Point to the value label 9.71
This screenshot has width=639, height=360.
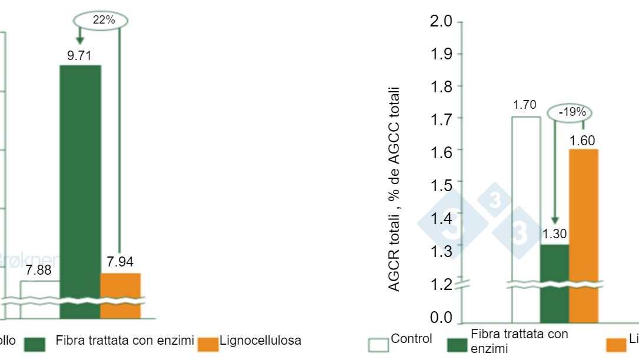[79, 56]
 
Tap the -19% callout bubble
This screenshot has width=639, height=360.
[570, 112]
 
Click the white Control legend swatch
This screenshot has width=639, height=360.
[378, 344]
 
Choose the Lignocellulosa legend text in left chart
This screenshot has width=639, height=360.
[260, 340]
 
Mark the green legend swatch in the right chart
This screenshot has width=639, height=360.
[457, 344]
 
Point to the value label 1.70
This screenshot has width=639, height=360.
[524, 105]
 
